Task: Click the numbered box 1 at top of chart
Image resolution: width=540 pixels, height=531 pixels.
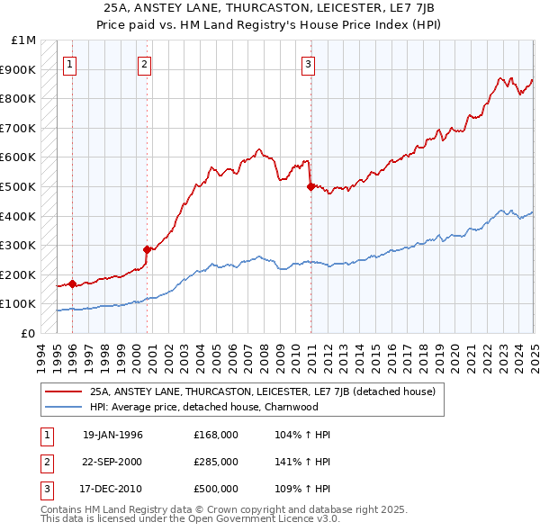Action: (x=70, y=63)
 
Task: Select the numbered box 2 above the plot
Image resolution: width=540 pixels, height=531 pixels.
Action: (x=144, y=63)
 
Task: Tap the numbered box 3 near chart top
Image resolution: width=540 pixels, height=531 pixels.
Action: (x=308, y=63)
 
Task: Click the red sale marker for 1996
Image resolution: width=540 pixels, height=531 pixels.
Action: (x=72, y=283)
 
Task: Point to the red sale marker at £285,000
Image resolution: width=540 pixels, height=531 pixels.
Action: (x=146, y=249)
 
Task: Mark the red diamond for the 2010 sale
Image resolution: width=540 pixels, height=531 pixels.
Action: (x=310, y=186)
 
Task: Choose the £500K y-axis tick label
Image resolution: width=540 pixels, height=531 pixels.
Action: (x=20, y=186)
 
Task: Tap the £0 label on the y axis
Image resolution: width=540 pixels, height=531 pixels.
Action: (x=28, y=333)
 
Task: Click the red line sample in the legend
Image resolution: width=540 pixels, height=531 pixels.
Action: (x=62, y=391)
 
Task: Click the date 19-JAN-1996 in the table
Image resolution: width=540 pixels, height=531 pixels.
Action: (x=112, y=435)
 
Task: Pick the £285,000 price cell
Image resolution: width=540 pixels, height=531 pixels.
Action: (x=216, y=462)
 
